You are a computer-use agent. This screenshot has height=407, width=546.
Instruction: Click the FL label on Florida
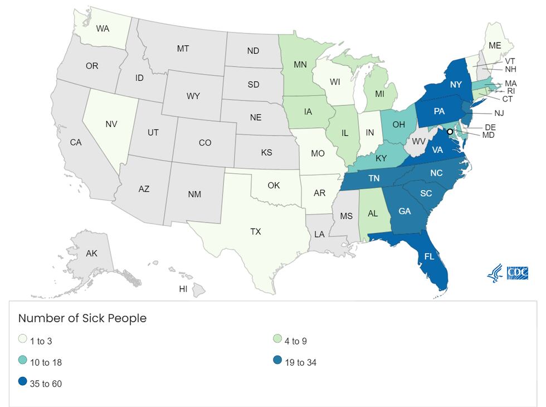[x=429, y=257]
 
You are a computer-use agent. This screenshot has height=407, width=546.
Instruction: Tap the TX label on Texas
[x=256, y=231]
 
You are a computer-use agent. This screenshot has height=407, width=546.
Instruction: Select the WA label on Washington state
[x=103, y=28]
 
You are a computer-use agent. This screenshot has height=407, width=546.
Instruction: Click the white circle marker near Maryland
[x=450, y=132]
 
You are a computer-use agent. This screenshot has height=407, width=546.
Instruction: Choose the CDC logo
[x=518, y=273]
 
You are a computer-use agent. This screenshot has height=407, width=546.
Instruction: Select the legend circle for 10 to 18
[x=22, y=362]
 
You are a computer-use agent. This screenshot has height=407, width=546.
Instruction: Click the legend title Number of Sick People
[x=82, y=318]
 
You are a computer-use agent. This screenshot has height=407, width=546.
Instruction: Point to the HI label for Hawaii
[x=183, y=289]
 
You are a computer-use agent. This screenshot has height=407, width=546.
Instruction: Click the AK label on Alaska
[x=92, y=254]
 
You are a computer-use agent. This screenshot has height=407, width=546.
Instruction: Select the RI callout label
[x=510, y=90]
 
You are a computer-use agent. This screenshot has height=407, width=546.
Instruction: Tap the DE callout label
[x=490, y=127]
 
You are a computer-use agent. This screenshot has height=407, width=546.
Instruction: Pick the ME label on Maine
[x=494, y=45]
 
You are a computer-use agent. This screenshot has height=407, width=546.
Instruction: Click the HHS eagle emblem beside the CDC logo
[x=495, y=273]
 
